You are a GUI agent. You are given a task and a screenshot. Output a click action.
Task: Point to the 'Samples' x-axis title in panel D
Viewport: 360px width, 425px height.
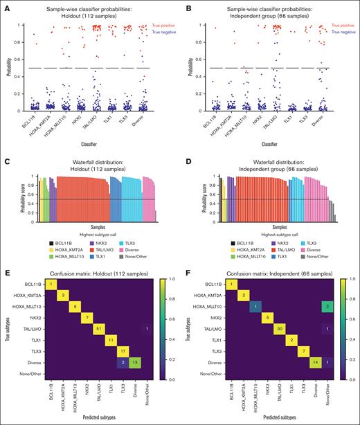point(274,226)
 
